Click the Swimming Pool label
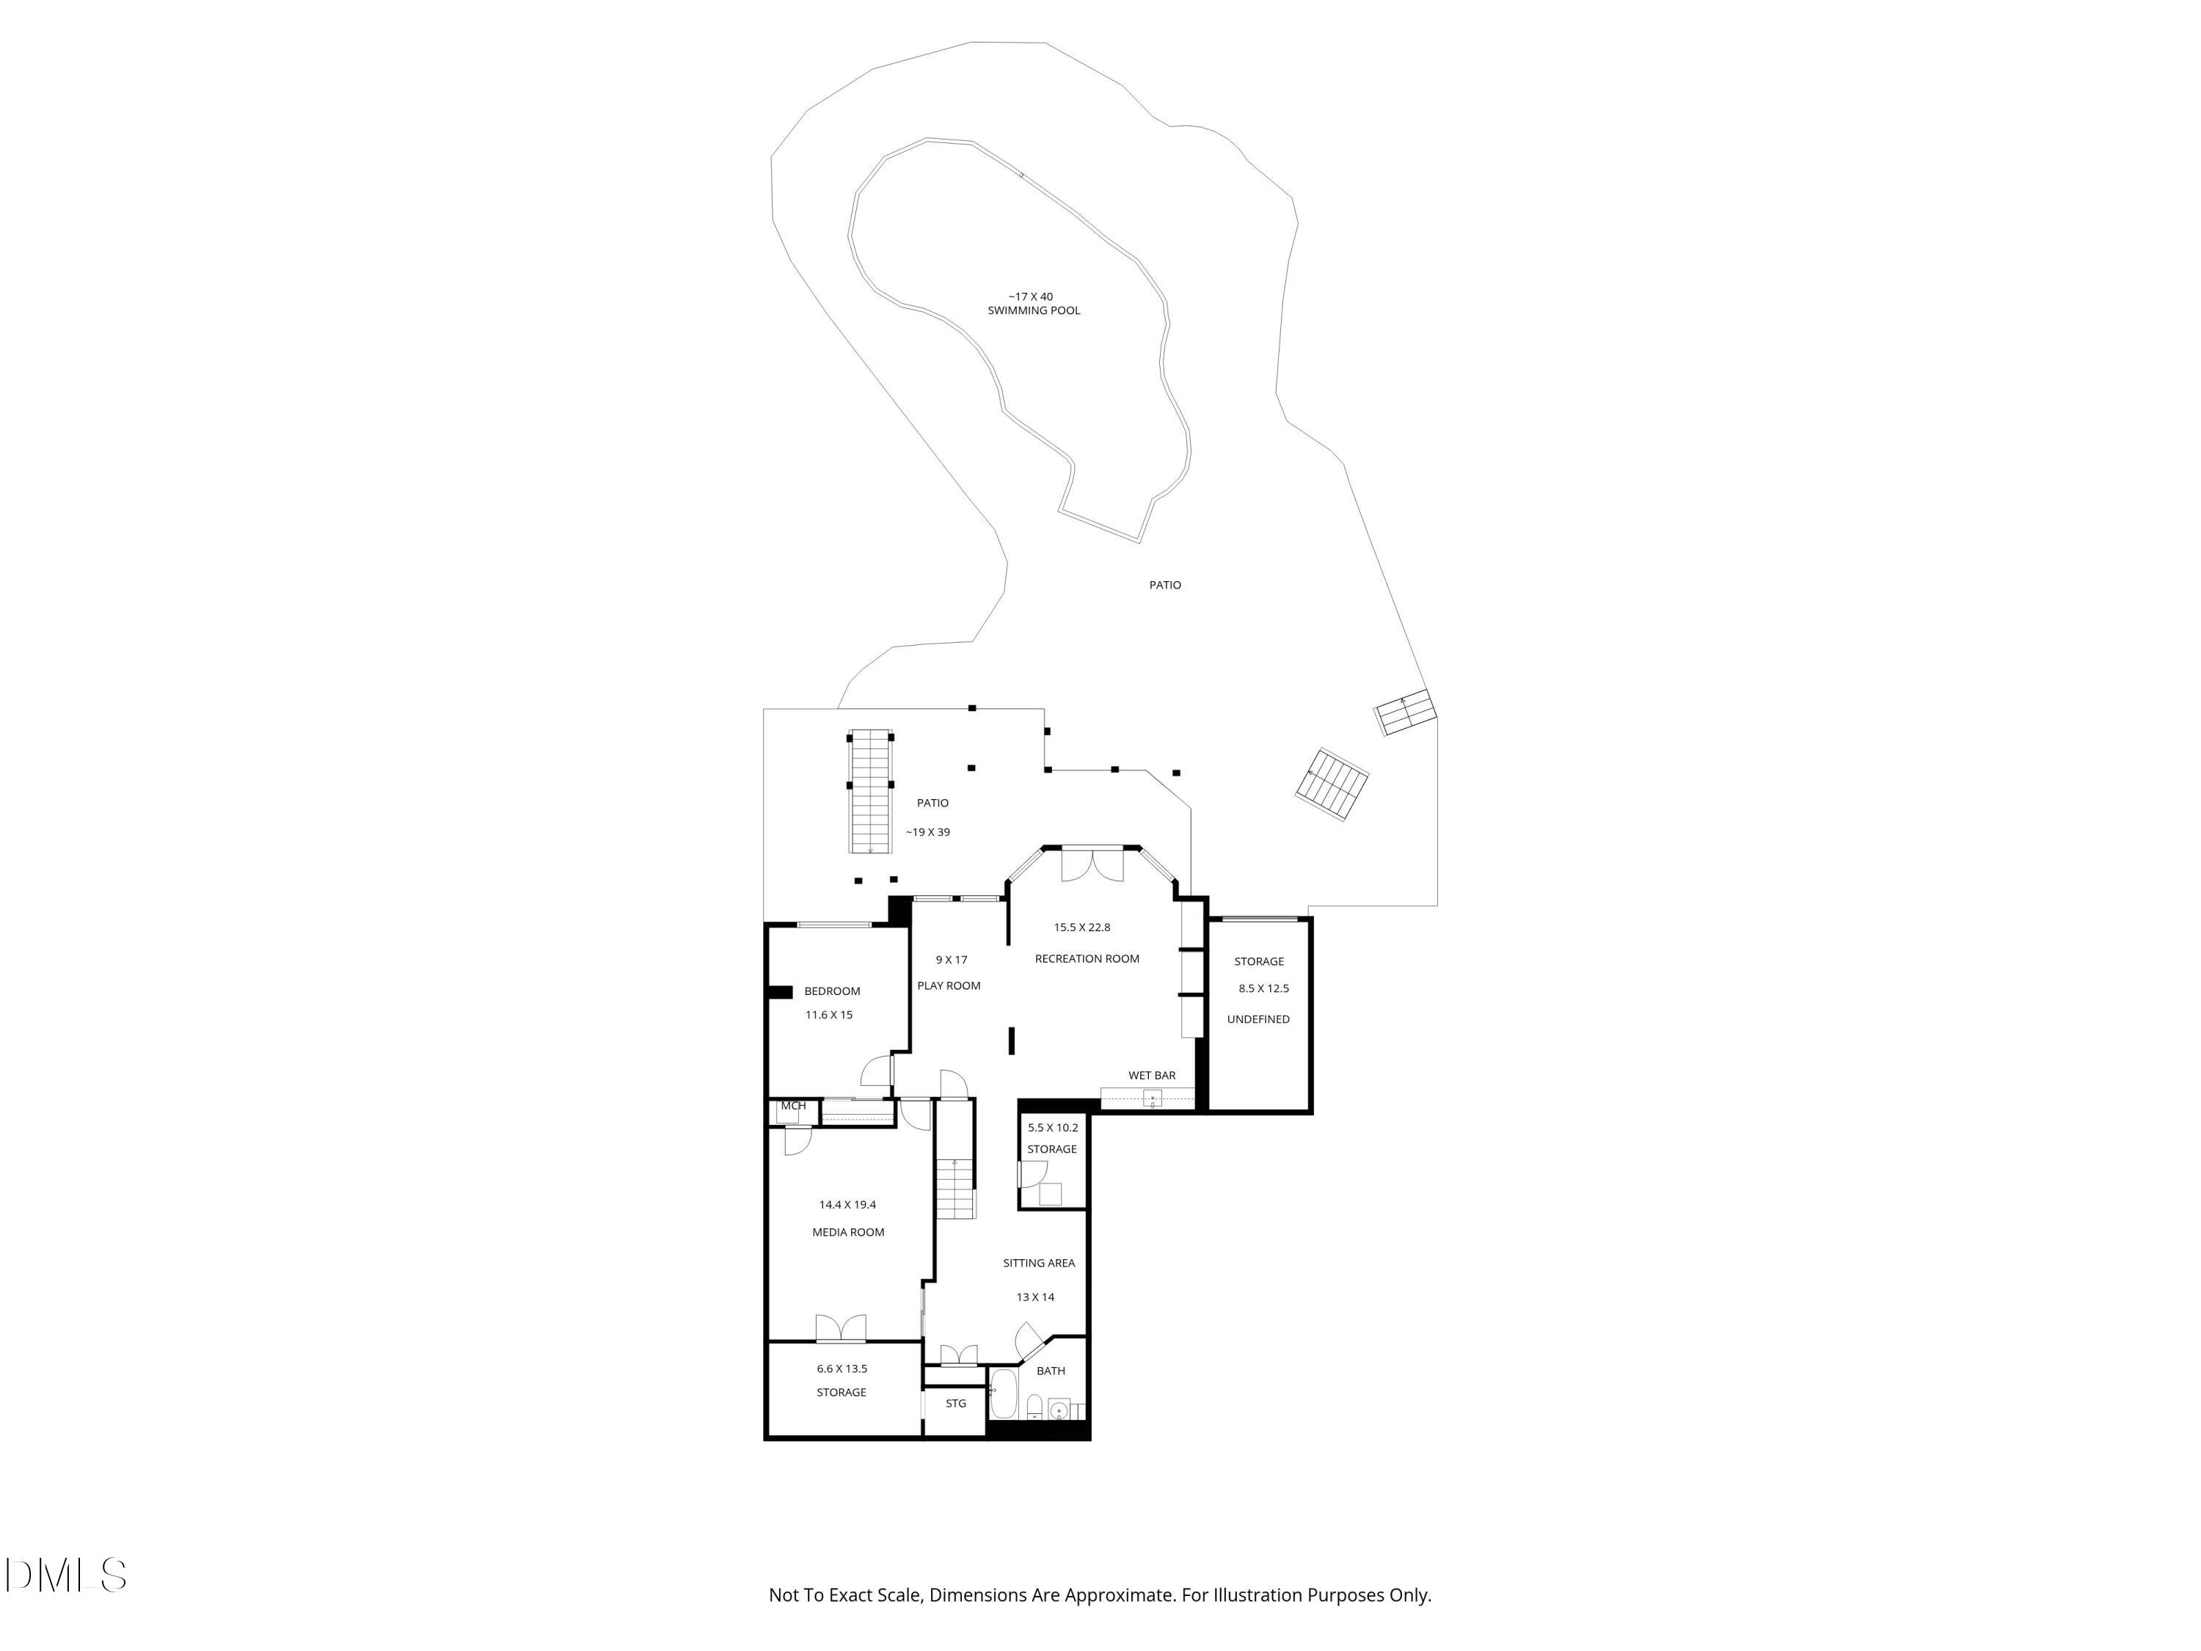pos(1033,310)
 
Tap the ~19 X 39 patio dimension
pos(927,832)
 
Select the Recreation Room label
pos(1087,958)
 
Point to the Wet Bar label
pos(1151,1075)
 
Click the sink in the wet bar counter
pos(1153,1098)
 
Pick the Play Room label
pos(948,985)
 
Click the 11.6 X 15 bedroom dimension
pos(828,1015)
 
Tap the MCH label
pos(793,1106)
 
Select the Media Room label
pos(848,1232)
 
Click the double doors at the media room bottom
pos(841,1329)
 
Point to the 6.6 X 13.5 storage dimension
pos(842,1368)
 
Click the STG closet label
pos(955,1403)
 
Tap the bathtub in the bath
pos(1002,1394)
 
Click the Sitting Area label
pos(1038,1263)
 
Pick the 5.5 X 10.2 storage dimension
pos(1052,1128)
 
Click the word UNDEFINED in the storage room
pos(1258,1019)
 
